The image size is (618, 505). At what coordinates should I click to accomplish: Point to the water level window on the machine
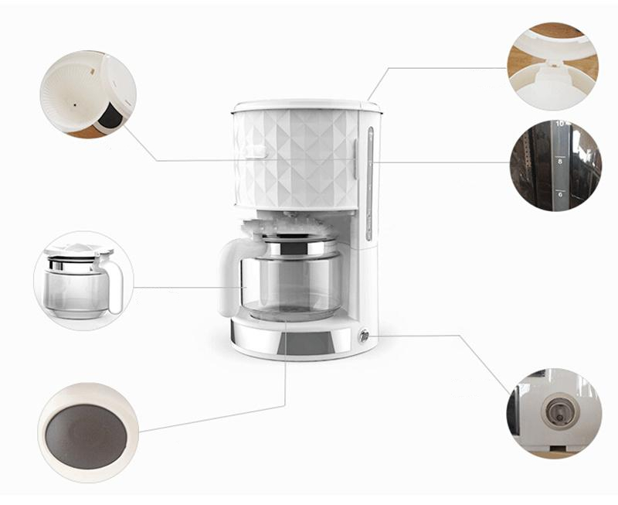click(369, 182)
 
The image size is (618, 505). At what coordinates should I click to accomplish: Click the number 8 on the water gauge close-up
click(559, 162)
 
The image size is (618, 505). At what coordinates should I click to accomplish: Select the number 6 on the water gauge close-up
click(559, 195)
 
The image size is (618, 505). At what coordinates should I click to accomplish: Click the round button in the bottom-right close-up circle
click(561, 410)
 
